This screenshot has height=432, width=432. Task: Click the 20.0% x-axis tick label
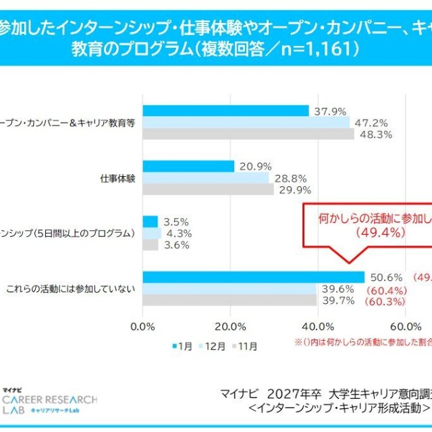coord(230,327)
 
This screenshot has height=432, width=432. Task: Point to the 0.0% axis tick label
coord(142,327)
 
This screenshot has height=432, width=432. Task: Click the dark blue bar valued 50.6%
coord(253,277)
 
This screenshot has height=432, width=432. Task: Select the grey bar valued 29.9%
coord(208,190)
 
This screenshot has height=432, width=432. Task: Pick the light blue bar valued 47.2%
coord(246,122)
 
